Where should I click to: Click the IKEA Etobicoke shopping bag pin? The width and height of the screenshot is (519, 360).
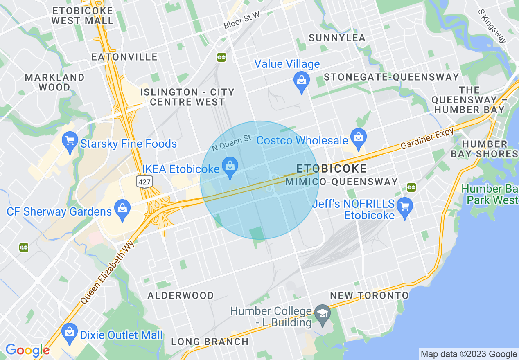click(x=230, y=167)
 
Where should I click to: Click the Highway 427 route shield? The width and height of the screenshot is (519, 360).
click(x=144, y=182)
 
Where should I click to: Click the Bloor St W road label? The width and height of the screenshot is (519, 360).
click(x=242, y=20)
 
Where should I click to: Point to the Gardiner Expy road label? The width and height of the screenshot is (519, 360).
click(x=427, y=139)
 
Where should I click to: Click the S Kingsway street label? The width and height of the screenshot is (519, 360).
click(x=492, y=26)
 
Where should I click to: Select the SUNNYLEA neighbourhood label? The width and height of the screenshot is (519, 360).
click(x=337, y=38)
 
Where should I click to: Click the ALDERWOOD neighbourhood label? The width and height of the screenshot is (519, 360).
click(x=181, y=295)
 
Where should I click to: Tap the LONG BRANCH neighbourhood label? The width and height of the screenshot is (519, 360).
click(x=210, y=342)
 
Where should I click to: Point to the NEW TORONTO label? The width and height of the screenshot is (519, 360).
click(x=369, y=295)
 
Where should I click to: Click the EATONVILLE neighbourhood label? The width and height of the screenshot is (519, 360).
click(x=124, y=57)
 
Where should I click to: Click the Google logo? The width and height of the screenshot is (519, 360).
click(x=27, y=350)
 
